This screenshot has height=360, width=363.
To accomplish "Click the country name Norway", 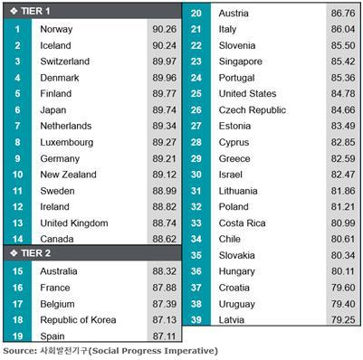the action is pos(56,29).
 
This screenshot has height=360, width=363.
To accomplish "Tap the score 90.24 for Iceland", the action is pos(165,45).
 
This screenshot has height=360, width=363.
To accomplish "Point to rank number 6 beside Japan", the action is pos(17,109).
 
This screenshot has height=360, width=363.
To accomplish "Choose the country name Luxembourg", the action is pos(67,142).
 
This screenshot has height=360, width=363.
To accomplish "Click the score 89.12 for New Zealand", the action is pos(165,175).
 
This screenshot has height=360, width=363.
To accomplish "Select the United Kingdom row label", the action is pos(74,223).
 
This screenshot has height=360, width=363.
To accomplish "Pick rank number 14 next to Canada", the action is pos(17,239).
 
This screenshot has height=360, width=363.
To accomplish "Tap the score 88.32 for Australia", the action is pos(165,271).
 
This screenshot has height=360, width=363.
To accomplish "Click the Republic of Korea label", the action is pos(78,320).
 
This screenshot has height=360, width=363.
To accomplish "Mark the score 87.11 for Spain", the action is pos(165,336).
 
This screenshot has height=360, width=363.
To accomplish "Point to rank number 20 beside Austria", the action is pos(196,14).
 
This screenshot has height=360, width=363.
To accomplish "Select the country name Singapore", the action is pos(241,62).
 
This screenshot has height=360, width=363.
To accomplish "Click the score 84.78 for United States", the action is pos(343,94).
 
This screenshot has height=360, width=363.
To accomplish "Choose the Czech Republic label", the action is pos(253,110).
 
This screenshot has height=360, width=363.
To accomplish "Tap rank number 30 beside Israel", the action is pos(196,175).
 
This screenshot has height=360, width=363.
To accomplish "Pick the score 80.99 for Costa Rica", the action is pos(343,223).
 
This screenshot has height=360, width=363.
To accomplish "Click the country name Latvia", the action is pos(232,320).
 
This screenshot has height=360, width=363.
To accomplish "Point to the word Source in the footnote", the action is pos(20,351).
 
